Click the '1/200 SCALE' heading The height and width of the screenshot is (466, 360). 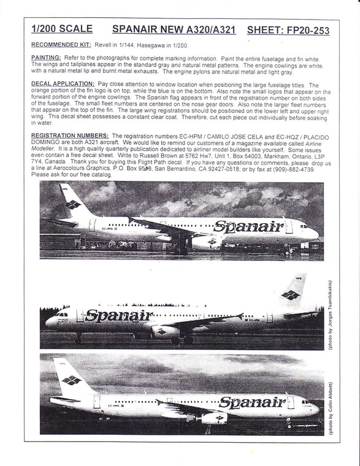(62, 29)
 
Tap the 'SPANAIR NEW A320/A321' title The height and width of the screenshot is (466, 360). (173, 29)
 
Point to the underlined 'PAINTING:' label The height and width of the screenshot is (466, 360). (45, 56)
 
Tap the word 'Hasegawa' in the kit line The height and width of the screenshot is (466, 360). (159, 46)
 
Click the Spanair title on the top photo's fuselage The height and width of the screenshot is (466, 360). (248, 227)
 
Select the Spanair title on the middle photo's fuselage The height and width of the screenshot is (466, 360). (119, 317)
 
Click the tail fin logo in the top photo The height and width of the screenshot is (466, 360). (73, 204)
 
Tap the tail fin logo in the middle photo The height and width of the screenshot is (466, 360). (290, 295)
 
